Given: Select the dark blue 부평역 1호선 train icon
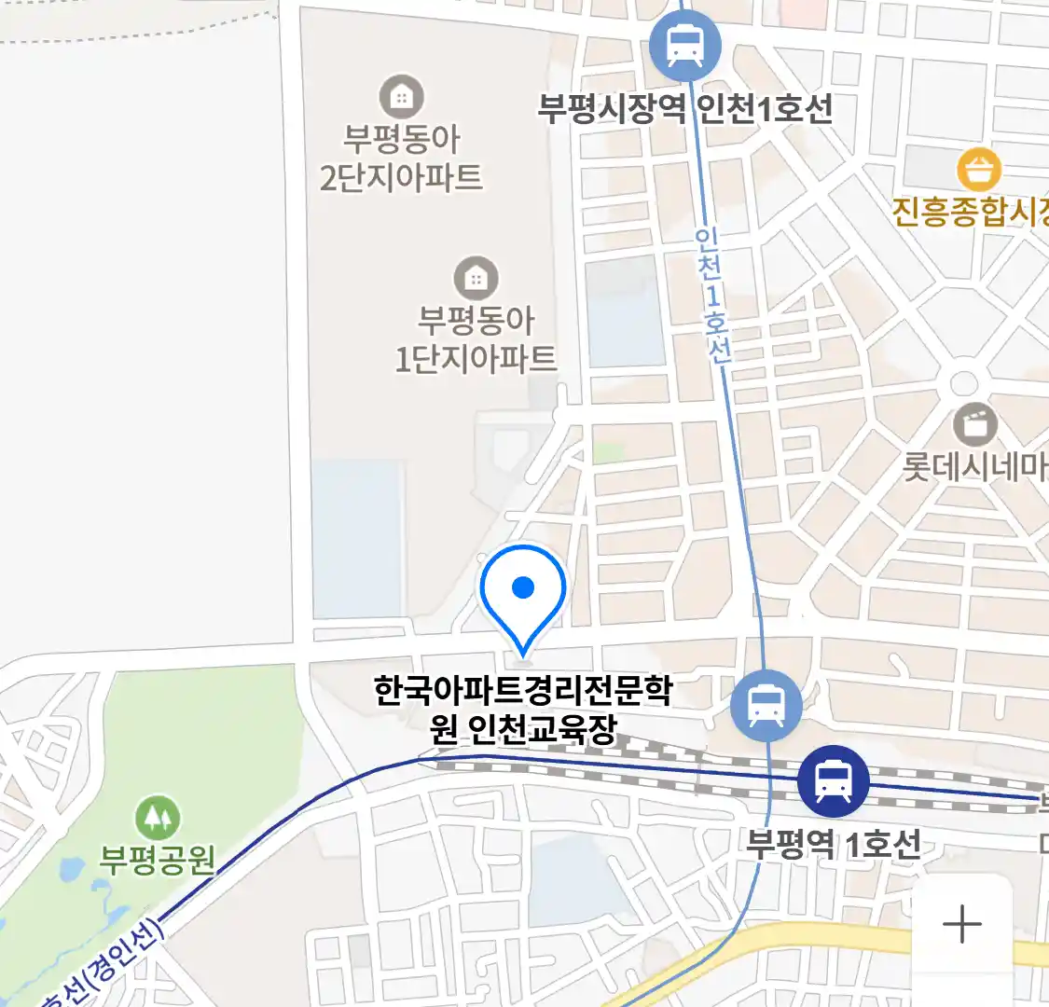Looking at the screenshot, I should pyautogui.click(x=833, y=781).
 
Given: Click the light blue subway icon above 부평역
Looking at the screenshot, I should pyautogui.click(x=766, y=705).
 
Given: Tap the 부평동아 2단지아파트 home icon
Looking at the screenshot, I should pyautogui.click(x=401, y=96).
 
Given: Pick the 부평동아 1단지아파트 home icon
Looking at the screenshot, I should pyautogui.click(x=476, y=278).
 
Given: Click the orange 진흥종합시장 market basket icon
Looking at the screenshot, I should pyautogui.click(x=979, y=170).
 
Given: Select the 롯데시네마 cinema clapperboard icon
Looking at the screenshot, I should pyautogui.click(x=975, y=425).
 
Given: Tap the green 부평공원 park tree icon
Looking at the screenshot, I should pyautogui.click(x=158, y=818).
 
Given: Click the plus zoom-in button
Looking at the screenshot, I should pyautogui.click(x=961, y=925).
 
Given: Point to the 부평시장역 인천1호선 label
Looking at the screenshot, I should pyautogui.click(x=684, y=109).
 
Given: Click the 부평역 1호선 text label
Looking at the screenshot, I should pyautogui.click(x=833, y=844).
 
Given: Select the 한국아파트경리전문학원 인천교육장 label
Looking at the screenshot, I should pyautogui.click(x=523, y=709).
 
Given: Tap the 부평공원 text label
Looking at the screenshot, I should pyautogui.click(x=158, y=859).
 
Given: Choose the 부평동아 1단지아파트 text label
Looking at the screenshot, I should pyautogui.click(x=476, y=339).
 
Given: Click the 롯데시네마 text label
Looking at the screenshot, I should pyautogui.click(x=974, y=466).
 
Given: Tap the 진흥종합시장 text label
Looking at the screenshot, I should pyautogui.click(x=970, y=212).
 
